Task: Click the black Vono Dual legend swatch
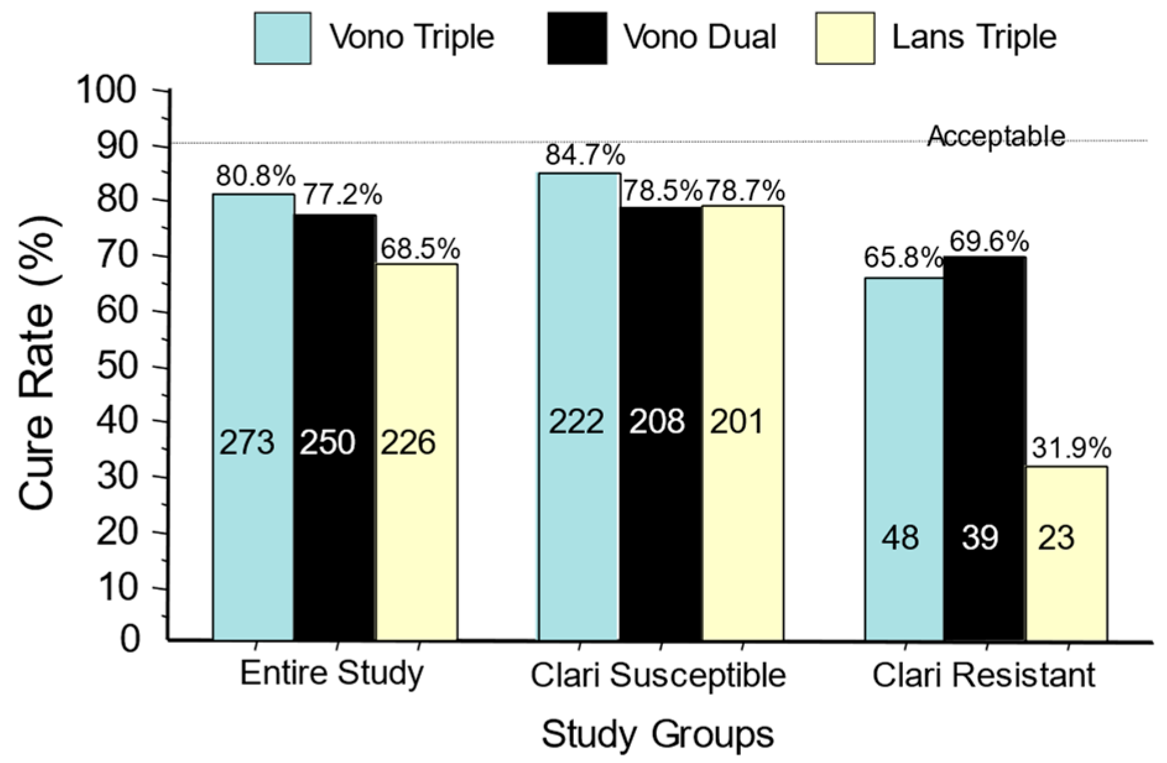tap(576, 38)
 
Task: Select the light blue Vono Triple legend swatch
tap(283, 38)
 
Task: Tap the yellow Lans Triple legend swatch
tap(844, 38)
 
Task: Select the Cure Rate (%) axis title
tap(38, 365)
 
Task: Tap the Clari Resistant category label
tap(983, 675)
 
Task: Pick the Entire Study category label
tap(332, 673)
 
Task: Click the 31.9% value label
tap(1071, 449)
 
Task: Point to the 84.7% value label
tap(585, 155)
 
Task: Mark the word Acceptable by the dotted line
tap(996, 136)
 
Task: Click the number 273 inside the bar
tap(247, 443)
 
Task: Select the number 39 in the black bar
tap(980, 538)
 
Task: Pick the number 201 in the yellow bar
tap(737, 422)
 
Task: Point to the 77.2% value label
tap(343, 195)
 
